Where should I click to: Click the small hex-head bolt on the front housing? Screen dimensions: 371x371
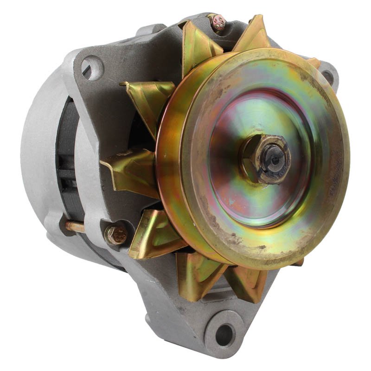tap(116, 235)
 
